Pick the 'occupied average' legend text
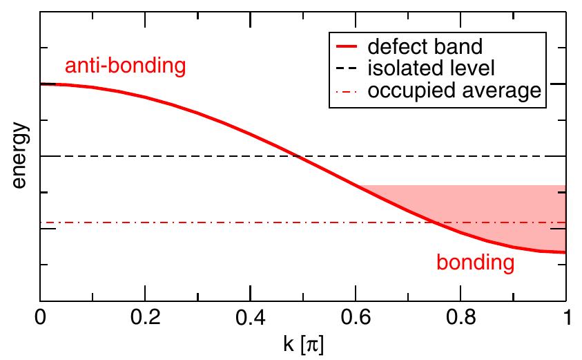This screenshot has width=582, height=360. click(453, 91)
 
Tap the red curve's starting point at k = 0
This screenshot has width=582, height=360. click(41, 84)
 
